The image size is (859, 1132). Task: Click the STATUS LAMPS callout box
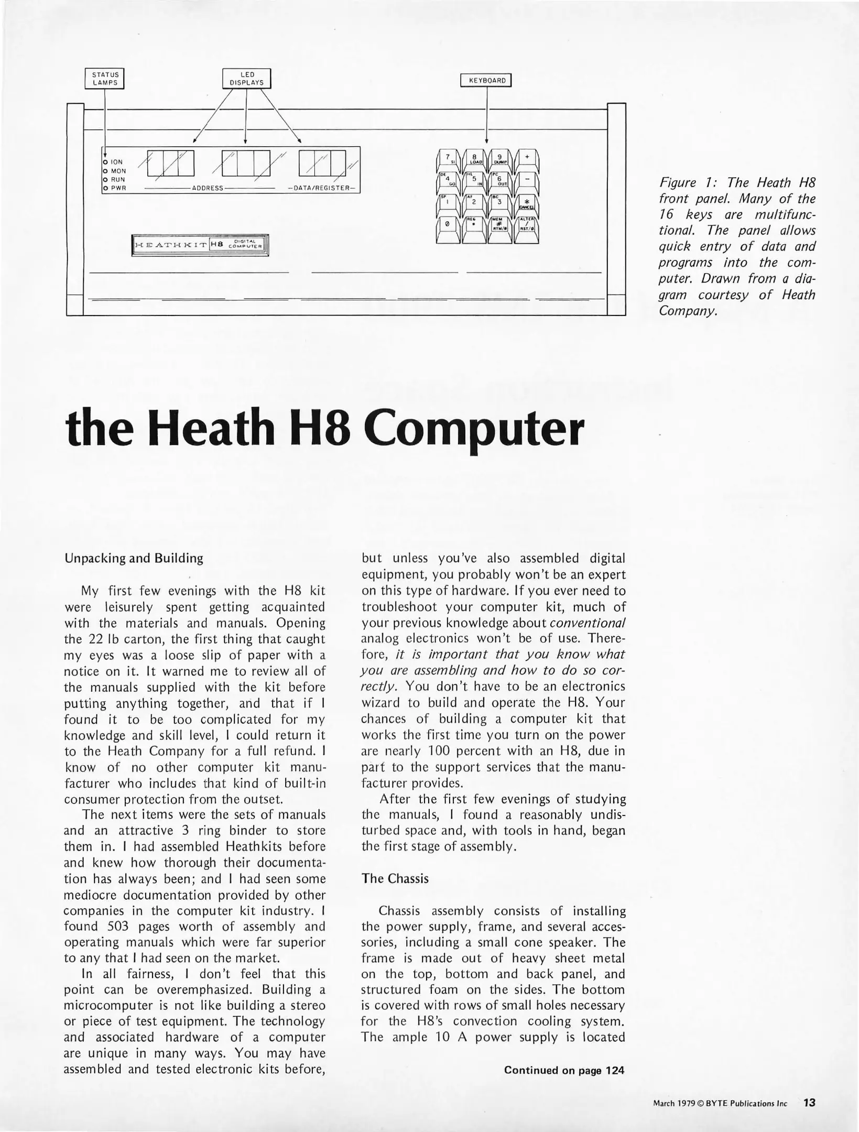point(105,79)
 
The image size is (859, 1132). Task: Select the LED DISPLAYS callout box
point(247,79)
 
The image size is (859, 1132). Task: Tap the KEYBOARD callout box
point(487,81)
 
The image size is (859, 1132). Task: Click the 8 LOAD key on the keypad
point(474,159)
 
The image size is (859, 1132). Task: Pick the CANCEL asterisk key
point(526,203)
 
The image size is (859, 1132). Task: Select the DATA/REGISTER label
point(321,188)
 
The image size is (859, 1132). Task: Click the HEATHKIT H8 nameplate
point(200,245)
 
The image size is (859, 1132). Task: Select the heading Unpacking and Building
point(134,558)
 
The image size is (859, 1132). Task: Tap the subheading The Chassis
point(395,879)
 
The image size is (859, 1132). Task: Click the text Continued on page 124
point(564,1071)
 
